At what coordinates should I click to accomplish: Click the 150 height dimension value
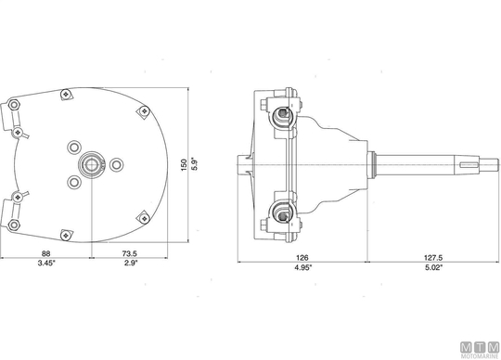tap(184, 165)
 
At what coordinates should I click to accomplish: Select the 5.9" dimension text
tap(195, 163)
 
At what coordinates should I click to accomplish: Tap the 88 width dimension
tap(46, 253)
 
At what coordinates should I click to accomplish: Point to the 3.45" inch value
tap(46, 263)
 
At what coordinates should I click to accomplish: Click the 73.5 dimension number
tap(129, 253)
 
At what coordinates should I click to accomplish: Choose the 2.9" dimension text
tap(131, 263)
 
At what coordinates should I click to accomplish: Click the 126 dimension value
tap(302, 258)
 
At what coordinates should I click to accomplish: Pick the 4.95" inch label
tap(302, 268)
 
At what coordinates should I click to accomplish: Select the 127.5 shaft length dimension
tap(433, 258)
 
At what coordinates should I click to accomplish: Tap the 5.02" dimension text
tap(434, 268)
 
